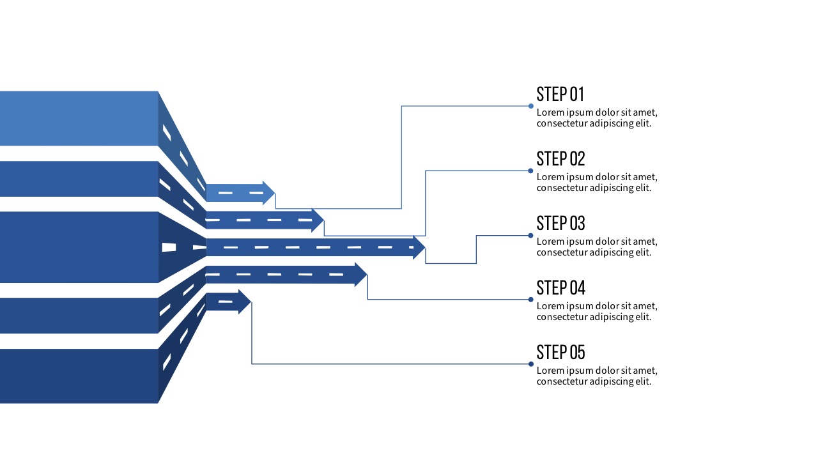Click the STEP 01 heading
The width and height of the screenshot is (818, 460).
(x=560, y=95)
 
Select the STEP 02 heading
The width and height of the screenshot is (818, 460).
(x=560, y=158)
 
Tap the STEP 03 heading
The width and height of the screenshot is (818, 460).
(x=560, y=223)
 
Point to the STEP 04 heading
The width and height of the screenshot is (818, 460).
(x=560, y=287)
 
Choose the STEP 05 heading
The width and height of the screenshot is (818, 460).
(x=560, y=352)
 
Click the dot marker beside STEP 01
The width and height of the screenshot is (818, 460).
(x=531, y=106)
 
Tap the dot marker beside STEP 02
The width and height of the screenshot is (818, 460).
(x=531, y=171)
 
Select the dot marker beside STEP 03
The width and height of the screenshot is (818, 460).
(x=531, y=235)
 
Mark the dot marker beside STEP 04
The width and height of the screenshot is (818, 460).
(x=531, y=300)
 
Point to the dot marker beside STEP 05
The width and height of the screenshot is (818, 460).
(x=531, y=364)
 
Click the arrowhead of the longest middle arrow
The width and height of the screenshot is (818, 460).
(x=419, y=247)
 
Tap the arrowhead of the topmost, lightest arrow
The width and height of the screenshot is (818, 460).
(x=269, y=192)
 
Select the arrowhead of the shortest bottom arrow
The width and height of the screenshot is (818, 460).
(x=244, y=302)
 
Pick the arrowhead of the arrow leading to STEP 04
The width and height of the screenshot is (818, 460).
(x=360, y=275)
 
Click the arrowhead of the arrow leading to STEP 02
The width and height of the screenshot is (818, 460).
(x=318, y=220)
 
